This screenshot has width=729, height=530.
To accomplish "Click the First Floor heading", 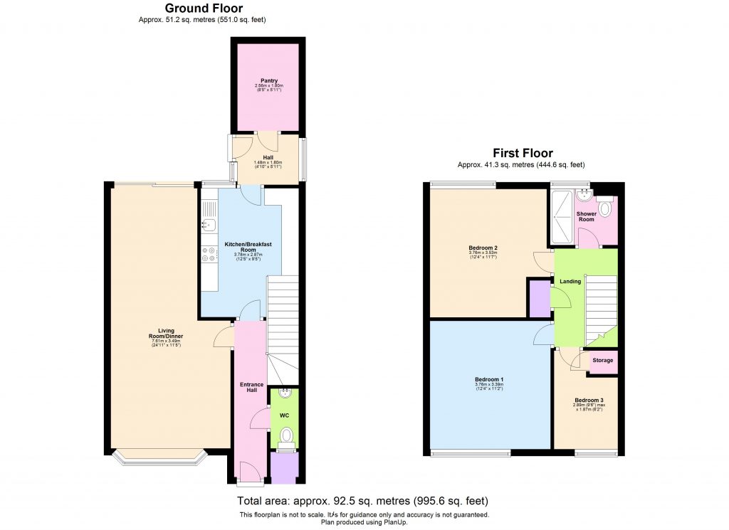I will (523, 153).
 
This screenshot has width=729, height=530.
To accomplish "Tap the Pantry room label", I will (269, 81).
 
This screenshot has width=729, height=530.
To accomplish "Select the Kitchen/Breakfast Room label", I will (248, 247).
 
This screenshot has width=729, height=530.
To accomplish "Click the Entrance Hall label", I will (251, 388).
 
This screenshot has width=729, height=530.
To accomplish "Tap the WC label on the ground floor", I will (284, 414).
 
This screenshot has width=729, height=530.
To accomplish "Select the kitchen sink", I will (209, 226).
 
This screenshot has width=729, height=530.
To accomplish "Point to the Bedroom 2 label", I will (483, 248).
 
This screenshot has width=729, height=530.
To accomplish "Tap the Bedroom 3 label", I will (588, 400).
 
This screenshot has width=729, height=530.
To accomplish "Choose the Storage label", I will (603, 361).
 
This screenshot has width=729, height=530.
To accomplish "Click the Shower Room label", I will (586, 216).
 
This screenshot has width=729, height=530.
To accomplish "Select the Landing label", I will (570, 281).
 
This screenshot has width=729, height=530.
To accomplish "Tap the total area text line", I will (362, 501).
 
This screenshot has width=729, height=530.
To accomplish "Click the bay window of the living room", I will (158, 459).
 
